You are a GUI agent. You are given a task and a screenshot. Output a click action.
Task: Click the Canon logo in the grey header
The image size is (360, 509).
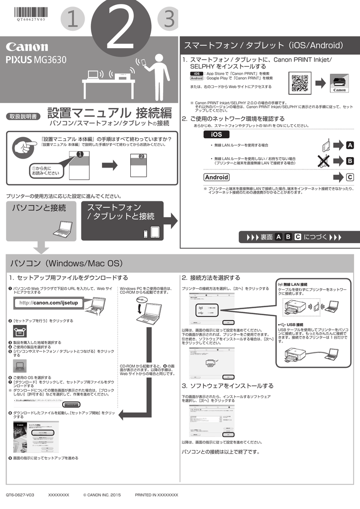27,47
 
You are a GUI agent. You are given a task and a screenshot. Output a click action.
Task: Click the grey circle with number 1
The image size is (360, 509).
73,20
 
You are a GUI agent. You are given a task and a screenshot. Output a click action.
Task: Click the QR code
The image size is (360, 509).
300,82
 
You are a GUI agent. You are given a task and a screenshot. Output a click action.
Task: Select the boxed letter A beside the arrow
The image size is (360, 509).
350,145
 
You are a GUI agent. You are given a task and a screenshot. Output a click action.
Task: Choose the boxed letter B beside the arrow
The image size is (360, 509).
350,161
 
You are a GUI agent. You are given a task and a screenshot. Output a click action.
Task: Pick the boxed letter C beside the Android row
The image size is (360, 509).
350,177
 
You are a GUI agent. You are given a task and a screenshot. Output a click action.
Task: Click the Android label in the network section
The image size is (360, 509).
217,177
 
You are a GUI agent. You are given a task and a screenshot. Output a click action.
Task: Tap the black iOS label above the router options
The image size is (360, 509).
217,134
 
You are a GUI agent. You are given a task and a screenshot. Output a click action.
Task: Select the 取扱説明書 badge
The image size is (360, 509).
23,116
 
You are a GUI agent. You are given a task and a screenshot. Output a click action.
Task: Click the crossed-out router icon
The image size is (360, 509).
325,160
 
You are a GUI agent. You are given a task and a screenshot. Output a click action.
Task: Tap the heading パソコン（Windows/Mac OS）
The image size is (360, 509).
67,262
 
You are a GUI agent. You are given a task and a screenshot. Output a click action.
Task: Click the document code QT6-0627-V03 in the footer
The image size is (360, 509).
20,495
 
